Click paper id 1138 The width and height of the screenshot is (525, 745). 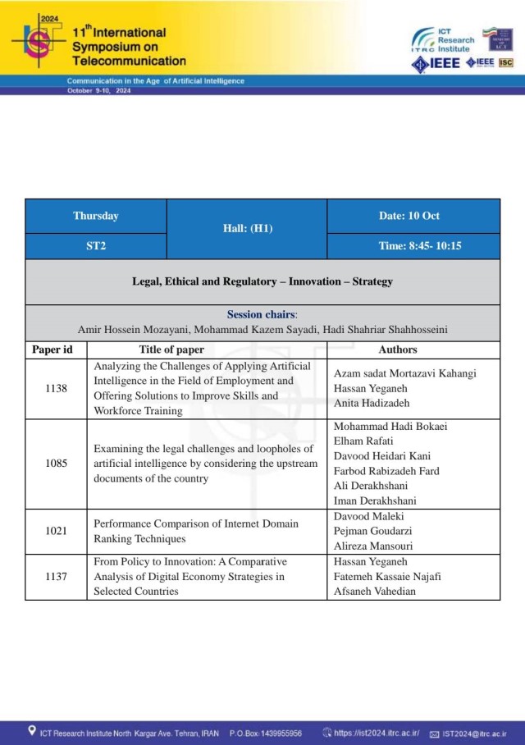(x=56, y=389)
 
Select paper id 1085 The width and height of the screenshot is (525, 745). (x=56, y=464)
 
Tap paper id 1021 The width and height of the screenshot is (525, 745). (x=56, y=531)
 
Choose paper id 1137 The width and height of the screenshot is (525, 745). (x=56, y=577)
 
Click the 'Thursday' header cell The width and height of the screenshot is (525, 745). (x=96, y=216)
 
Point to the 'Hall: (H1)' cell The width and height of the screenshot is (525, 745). (x=247, y=228)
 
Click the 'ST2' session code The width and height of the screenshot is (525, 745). (x=96, y=246)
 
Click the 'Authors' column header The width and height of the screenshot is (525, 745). (x=398, y=350)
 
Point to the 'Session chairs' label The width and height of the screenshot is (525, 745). (x=262, y=314)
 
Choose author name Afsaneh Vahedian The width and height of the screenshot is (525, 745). (x=376, y=591)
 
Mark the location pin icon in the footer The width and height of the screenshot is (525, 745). (x=31, y=731)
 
